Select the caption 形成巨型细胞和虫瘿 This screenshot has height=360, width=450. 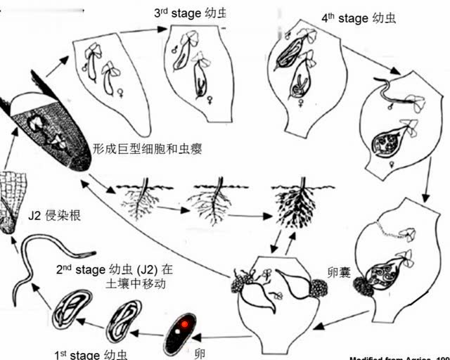(148, 149)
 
